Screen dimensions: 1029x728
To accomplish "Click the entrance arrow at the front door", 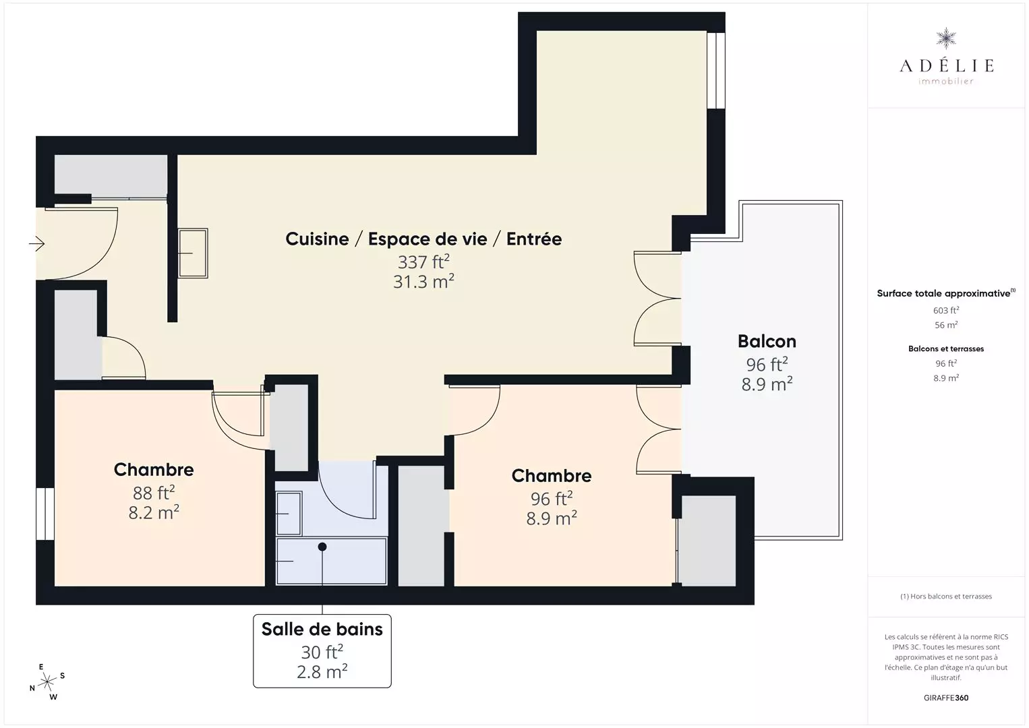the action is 36,243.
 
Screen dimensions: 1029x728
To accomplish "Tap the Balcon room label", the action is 767,341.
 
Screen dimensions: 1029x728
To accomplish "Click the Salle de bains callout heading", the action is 322,630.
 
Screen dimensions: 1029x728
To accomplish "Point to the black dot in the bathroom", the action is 322,547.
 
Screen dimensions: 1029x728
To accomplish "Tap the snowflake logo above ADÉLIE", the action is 946,38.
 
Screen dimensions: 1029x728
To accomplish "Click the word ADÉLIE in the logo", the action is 946,65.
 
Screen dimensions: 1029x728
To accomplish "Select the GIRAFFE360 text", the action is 946,698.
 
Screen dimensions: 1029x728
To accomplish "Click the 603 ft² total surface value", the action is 946,311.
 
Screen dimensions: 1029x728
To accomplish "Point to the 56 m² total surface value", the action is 946,325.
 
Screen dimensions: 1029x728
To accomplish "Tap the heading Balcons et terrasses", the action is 946,348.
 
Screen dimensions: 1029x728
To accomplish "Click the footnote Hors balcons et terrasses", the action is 946,596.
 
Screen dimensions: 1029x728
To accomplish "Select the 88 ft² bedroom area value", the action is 154,493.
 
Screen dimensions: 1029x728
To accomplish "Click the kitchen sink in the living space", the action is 193,253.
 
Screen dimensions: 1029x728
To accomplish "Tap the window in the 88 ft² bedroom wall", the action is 45,514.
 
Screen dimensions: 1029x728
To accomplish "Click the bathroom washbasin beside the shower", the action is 289,514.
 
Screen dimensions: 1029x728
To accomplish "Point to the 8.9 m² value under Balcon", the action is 767,384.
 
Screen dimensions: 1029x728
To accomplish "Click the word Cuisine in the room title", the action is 317,239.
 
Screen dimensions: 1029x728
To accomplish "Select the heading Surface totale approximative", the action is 943,293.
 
